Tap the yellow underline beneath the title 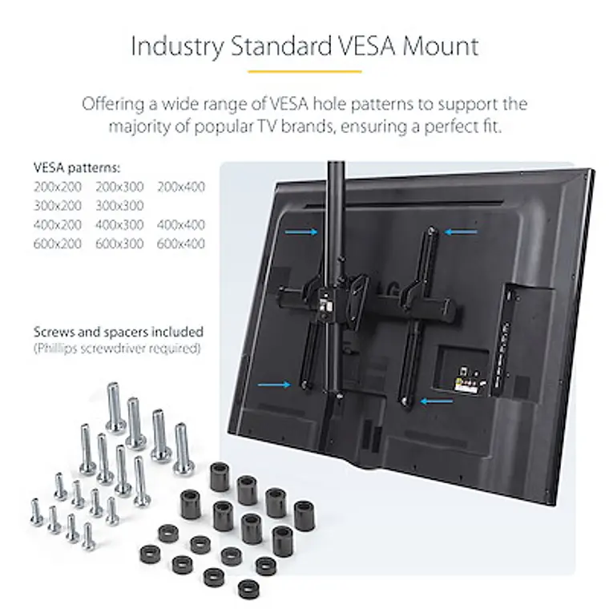tap(304, 71)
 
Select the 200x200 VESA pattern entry tap(58, 187)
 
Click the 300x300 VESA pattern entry tap(119, 205)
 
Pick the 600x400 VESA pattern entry tap(181, 244)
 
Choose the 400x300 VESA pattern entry tap(119, 224)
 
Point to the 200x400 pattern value tap(181, 187)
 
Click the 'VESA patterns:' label tap(77, 168)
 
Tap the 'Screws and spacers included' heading tap(119, 331)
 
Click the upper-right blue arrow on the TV tap(462, 232)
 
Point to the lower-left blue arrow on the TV tap(274, 385)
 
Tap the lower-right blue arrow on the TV tap(438, 398)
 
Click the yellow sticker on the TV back tap(458, 385)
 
